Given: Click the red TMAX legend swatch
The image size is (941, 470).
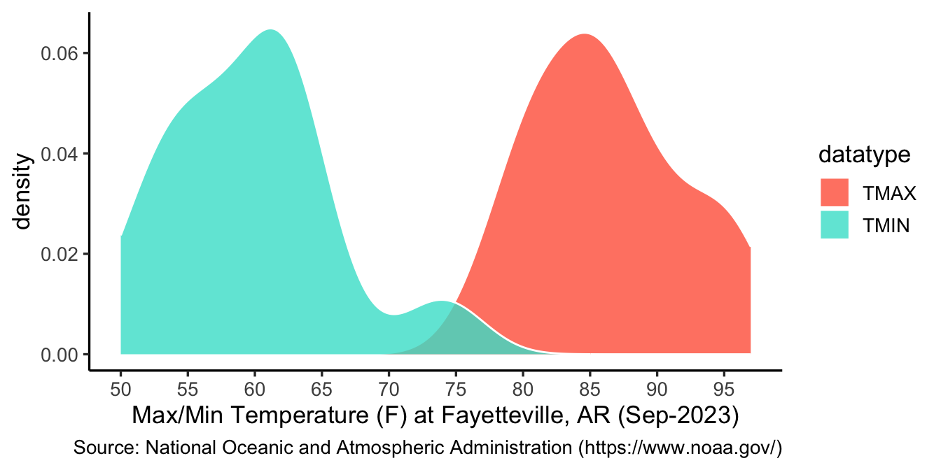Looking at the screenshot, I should (834, 192).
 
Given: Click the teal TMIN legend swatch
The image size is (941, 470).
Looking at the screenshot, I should (834, 225).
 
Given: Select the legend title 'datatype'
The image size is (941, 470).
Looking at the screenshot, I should (864, 155).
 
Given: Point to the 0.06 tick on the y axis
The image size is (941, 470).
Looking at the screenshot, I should (61, 53).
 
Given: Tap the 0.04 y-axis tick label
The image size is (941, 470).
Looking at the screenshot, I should (61, 154).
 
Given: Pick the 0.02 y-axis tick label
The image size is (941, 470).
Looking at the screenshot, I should (61, 254).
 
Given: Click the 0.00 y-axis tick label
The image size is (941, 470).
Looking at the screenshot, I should (61, 355).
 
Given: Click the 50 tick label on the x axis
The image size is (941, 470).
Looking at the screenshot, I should (121, 387).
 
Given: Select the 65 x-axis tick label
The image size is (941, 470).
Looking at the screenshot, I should (321, 387).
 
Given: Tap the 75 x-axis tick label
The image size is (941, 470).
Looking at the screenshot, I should (456, 387).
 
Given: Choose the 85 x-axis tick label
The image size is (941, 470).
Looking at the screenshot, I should (590, 387).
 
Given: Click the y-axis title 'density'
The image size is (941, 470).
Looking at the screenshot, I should (23, 192).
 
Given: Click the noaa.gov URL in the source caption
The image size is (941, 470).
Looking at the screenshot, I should (687, 446).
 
